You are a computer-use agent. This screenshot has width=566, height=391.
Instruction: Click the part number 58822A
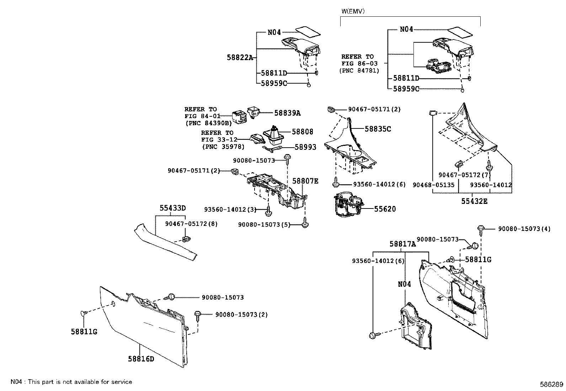point(240,57)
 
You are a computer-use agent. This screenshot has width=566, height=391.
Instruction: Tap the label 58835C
point(378,129)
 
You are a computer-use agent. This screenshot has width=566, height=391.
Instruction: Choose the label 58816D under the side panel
point(141,359)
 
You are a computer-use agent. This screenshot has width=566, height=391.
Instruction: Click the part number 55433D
point(173,208)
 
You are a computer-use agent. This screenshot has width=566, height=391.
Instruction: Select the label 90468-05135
point(433,185)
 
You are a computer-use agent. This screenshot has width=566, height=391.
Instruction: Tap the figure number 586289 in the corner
point(551,385)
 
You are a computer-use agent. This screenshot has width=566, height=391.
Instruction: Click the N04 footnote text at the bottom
point(71,382)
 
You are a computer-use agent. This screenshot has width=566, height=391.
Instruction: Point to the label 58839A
point(287,113)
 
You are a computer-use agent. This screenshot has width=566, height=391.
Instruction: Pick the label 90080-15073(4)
point(524,229)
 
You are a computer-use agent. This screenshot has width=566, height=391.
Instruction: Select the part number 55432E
point(474,201)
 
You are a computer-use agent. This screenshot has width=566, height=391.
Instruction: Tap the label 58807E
point(305,181)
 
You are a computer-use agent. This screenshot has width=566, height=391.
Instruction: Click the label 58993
point(305,147)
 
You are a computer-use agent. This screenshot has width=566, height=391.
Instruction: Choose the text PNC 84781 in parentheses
point(360,70)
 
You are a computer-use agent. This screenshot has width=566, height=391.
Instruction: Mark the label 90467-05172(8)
point(191,224)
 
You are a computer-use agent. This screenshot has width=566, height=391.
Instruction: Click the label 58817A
point(402,244)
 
